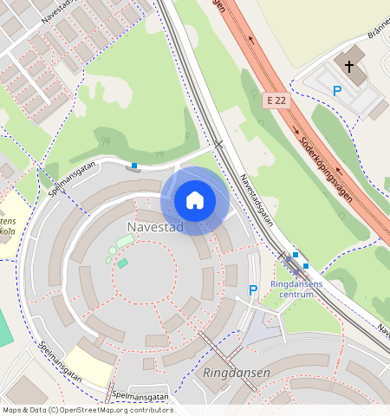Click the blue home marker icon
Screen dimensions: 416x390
[x=195, y=200]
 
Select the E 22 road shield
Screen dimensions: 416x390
[x=276, y=101]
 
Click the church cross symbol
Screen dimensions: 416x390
[x=349, y=66]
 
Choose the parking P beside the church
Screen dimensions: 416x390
[x=337, y=91]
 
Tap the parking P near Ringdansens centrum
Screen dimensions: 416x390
[x=253, y=290]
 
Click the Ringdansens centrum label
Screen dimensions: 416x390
[x=296, y=289]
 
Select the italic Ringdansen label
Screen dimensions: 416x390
[x=237, y=373]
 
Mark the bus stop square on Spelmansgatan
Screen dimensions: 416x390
[x=134, y=166]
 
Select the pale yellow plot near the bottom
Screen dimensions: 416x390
[x=89, y=365]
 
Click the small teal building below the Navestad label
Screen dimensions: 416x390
[x=123, y=263]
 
